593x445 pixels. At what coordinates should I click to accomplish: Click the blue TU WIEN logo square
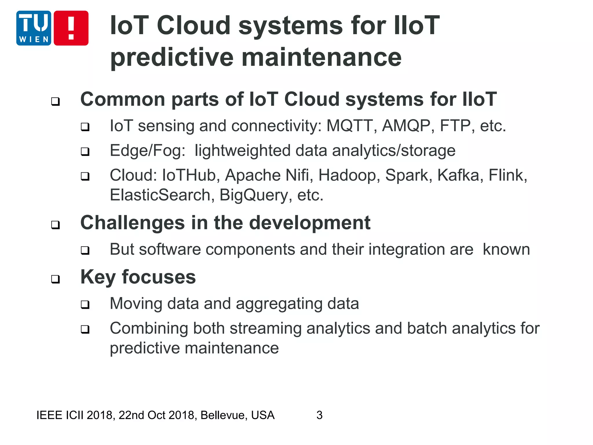tap(34, 28)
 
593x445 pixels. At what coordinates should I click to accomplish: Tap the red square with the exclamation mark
tap(71, 28)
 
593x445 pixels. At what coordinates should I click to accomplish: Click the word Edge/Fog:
tap(147, 151)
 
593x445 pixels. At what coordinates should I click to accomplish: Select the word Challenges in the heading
tap(132, 223)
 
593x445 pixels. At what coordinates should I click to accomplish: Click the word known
tap(506, 249)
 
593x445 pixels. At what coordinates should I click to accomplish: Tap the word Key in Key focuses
tap(98, 278)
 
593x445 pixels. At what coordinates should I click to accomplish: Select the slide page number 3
tap(319, 415)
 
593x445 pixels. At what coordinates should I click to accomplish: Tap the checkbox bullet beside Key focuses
tap(55, 279)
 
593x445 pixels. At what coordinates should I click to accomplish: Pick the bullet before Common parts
tap(55, 101)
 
